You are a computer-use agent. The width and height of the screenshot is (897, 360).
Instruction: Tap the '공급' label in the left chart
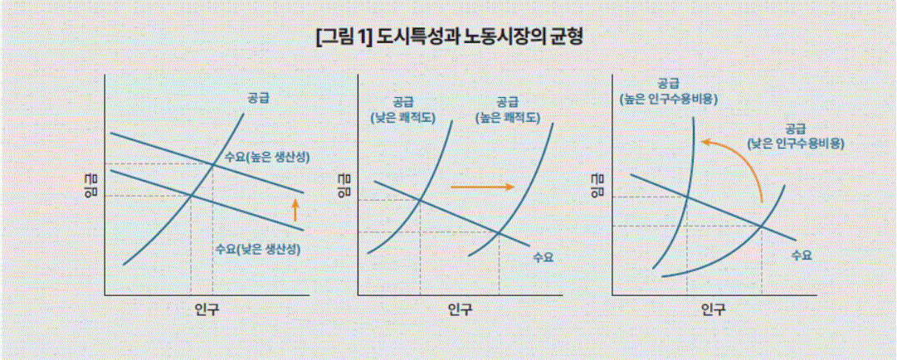[257, 98]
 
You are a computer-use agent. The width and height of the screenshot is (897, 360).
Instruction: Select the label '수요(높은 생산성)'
[266, 157]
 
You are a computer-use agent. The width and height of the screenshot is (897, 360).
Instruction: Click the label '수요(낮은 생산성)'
[257, 249]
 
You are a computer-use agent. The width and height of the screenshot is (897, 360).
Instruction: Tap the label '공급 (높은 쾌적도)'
[507, 109]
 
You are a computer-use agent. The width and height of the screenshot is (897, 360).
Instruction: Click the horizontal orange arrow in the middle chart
[482, 187]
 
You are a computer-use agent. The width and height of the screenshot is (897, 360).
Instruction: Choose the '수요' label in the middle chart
[543, 257]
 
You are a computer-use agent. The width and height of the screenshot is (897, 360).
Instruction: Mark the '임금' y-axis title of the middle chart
[344, 187]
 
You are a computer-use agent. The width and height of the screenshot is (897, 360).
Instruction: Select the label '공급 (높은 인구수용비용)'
[669, 90]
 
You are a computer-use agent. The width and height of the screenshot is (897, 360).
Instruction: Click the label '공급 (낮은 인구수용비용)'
[796, 135]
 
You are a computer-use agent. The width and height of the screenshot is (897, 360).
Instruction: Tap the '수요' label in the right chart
[801, 255]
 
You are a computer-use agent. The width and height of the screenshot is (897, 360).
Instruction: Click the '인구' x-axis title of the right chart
[713, 309]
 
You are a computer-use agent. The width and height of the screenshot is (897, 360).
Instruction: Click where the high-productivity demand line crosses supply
[212, 164]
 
